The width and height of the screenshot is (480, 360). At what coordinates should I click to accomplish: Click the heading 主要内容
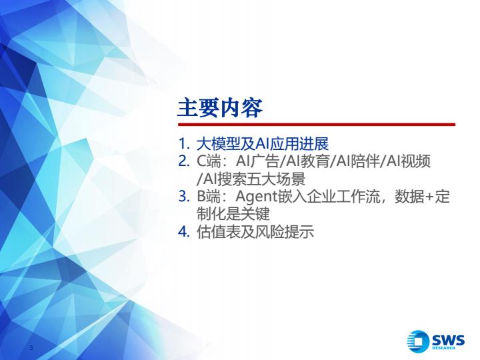pos(220,108)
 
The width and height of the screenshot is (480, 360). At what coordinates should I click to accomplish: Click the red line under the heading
pos(317,125)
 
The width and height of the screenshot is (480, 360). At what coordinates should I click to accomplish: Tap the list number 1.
pos(184,144)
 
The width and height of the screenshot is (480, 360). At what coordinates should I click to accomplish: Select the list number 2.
pos(184,161)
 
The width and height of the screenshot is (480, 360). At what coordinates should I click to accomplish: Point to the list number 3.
pos(184,197)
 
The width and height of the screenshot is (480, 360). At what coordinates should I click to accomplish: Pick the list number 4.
pos(184,232)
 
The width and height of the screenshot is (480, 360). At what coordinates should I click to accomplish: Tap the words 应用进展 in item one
pos(299,144)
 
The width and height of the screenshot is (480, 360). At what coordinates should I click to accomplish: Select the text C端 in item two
pos(209,161)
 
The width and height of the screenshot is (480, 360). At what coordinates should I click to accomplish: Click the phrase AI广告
pos(257,161)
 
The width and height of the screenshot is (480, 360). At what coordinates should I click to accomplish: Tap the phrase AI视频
pos(409,161)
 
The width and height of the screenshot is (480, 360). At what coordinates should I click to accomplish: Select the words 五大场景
pos(276,179)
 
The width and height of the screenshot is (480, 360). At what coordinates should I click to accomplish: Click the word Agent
pos(256,197)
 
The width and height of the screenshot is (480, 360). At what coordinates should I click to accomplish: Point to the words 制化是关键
pos(233,214)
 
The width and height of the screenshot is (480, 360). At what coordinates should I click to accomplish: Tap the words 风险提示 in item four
pos(285,232)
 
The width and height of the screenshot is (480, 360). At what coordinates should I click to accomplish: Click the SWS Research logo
pos(436,341)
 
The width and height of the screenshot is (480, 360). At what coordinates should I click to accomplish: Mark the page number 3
pos(31,347)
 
